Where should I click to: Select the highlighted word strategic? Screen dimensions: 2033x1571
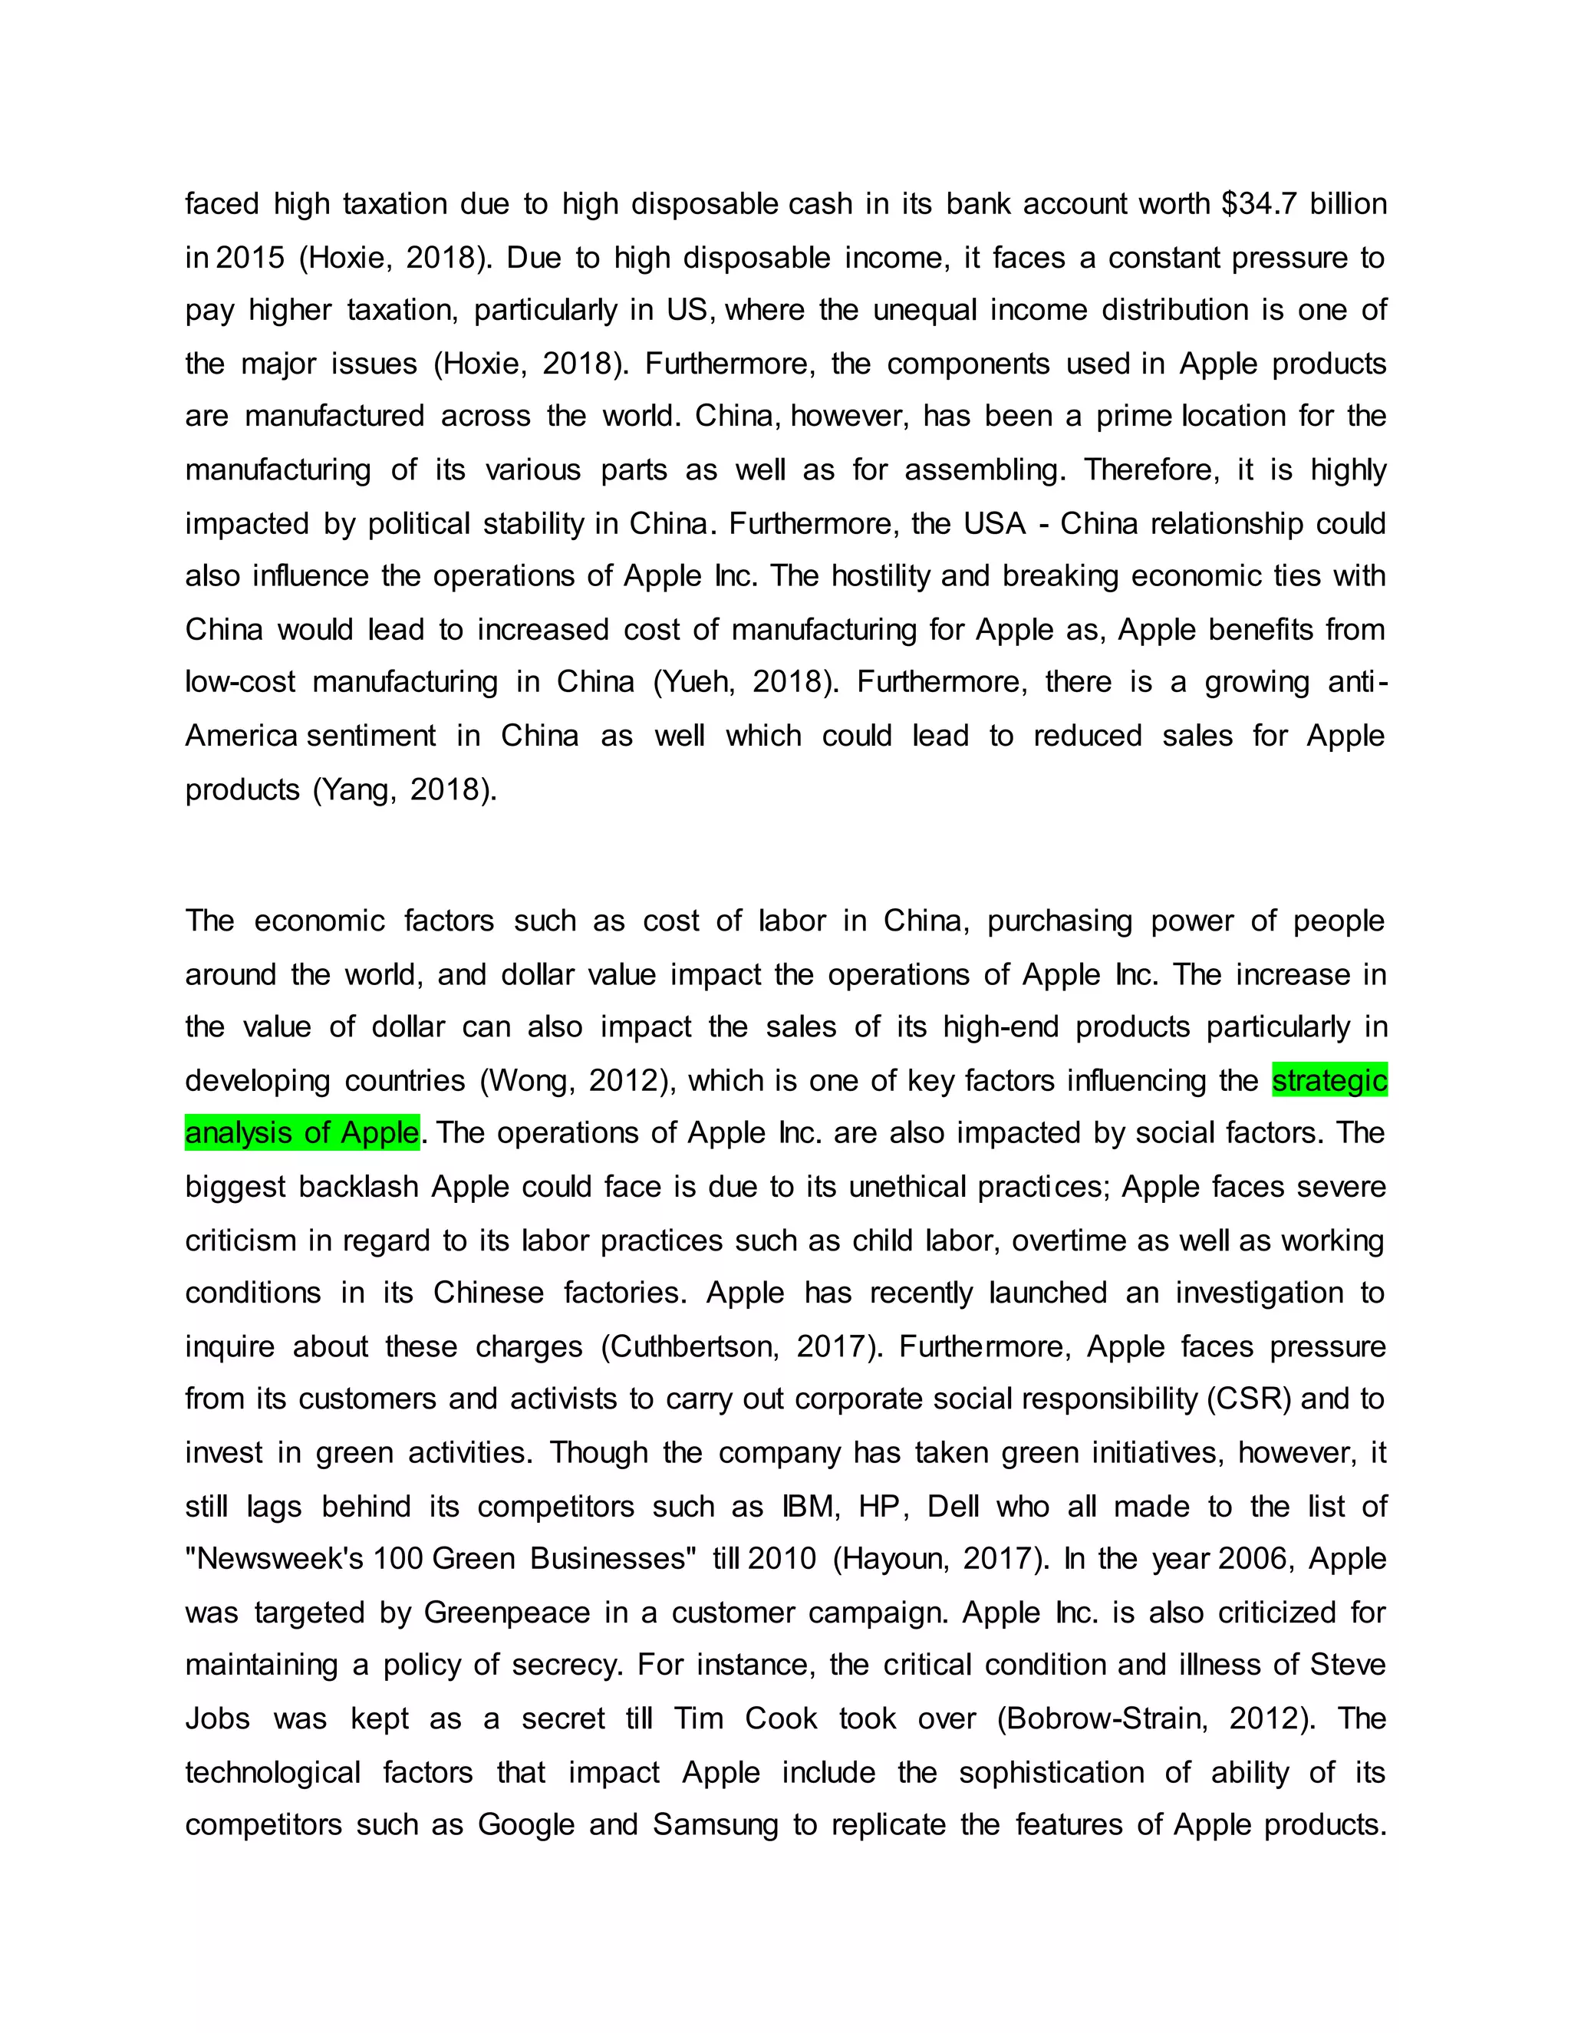click(x=1329, y=1081)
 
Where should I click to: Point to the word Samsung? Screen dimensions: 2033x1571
click(x=715, y=1824)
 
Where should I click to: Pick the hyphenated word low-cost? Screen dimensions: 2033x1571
click(x=240, y=682)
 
